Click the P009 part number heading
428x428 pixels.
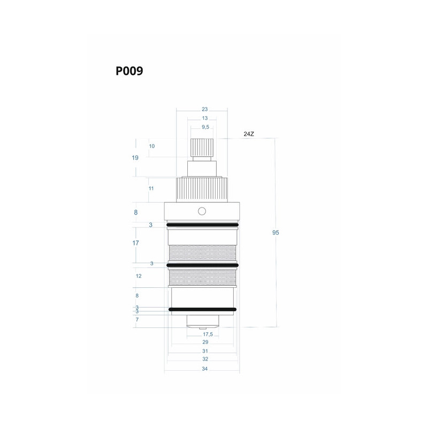click(129, 71)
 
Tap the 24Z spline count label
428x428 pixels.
click(249, 134)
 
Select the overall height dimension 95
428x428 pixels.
click(276, 233)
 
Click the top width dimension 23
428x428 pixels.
click(205, 109)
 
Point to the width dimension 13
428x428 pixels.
click(205, 118)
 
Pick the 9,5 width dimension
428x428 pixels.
click(205, 127)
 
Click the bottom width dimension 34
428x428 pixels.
click(205, 369)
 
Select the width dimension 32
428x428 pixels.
click(205, 359)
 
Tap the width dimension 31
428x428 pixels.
click(205, 351)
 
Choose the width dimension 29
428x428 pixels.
click(205, 342)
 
